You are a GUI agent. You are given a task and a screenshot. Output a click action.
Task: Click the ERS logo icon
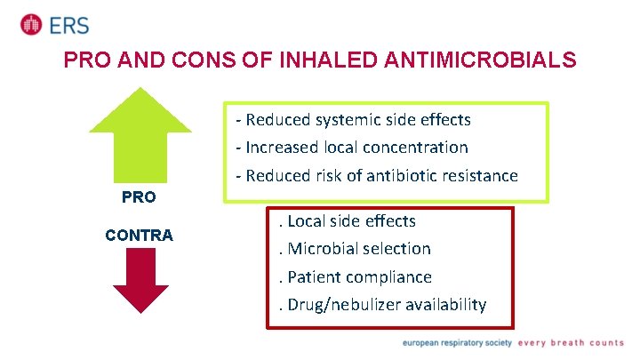[x=31, y=24]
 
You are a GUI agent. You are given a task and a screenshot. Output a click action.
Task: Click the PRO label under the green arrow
[x=138, y=196]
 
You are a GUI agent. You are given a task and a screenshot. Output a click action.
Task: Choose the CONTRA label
[x=139, y=236]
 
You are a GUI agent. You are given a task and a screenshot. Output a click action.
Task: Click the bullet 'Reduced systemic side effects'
[x=353, y=119]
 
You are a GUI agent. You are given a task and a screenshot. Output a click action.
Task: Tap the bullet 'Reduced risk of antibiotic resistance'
[x=376, y=176]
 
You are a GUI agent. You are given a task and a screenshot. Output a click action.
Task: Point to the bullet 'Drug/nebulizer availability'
[x=383, y=305]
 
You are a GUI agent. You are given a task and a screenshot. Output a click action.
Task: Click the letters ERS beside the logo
[x=68, y=25]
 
